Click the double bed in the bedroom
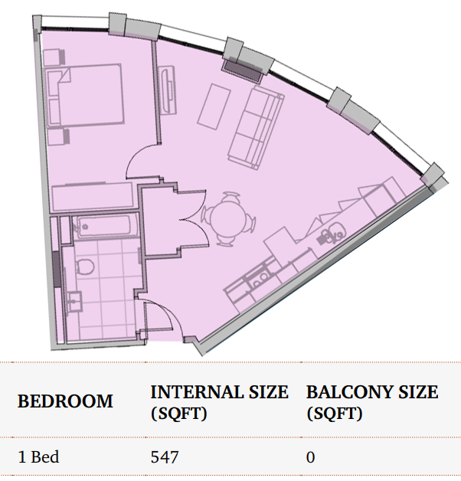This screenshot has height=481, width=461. [x=85, y=96]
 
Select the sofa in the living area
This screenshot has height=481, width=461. [x=256, y=127]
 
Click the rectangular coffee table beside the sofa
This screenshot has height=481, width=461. [x=214, y=106]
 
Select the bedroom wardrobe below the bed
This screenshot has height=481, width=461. [x=93, y=197]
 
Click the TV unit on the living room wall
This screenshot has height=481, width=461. [x=168, y=90]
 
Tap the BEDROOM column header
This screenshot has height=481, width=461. [x=65, y=401]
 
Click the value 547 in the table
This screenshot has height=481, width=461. [x=165, y=457]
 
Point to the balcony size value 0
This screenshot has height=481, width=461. [x=310, y=457]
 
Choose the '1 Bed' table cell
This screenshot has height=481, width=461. [x=38, y=456]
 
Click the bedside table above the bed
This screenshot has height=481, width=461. [x=54, y=57]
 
